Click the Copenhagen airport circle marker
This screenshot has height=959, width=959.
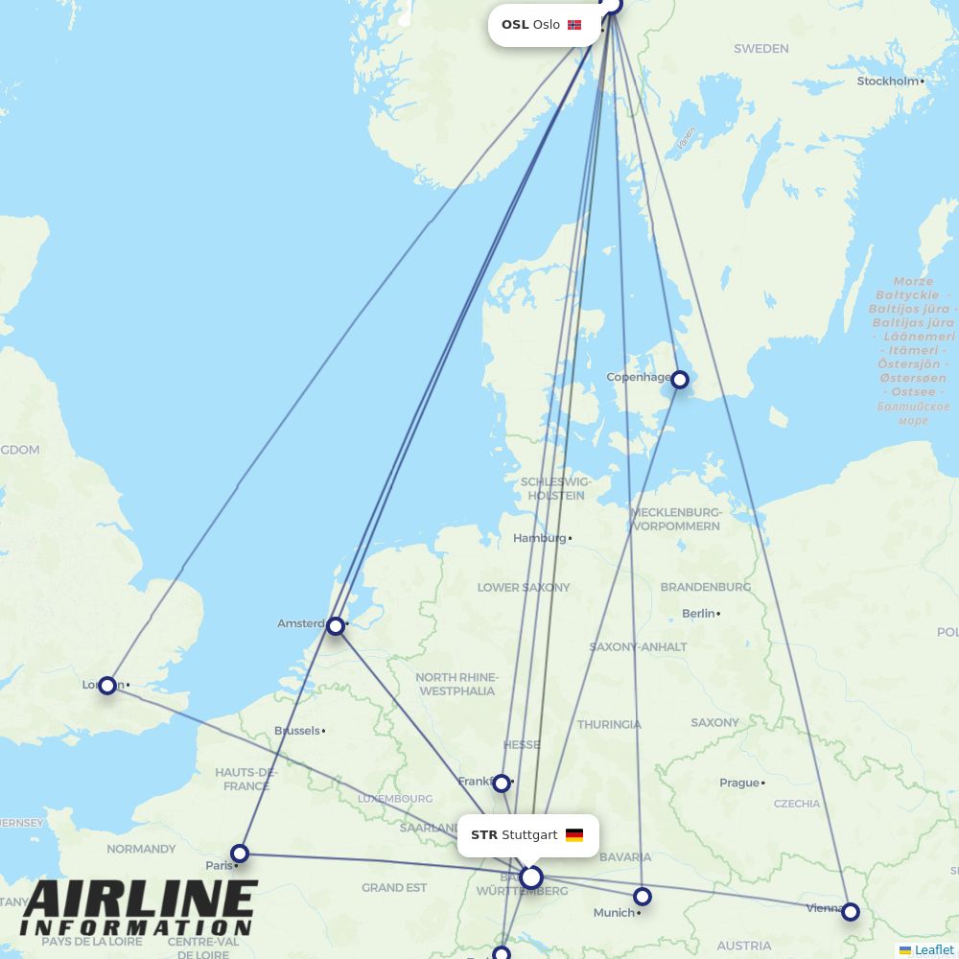(x=680, y=380)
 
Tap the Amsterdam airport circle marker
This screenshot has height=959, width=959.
(x=335, y=626)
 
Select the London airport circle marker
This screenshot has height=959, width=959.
(x=107, y=685)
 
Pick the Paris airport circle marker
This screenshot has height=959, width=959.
(x=240, y=854)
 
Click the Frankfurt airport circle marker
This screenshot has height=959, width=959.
(x=502, y=784)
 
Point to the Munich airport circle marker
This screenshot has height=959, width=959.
(x=643, y=897)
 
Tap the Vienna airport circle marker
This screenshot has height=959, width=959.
(x=851, y=912)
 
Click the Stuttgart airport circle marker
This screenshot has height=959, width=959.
(x=531, y=877)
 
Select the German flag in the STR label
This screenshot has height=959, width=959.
(x=574, y=835)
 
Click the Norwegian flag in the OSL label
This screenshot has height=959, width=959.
(x=574, y=25)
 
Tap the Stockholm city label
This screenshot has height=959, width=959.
(x=888, y=82)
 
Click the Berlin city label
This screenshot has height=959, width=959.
(x=699, y=613)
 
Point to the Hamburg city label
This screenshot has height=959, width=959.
(x=540, y=538)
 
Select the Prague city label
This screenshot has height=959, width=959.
(x=739, y=783)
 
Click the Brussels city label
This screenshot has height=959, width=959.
(x=297, y=731)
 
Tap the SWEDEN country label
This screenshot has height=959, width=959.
(x=761, y=48)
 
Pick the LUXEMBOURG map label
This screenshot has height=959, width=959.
(x=395, y=798)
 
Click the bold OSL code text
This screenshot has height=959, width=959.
(x=515, y=25)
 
